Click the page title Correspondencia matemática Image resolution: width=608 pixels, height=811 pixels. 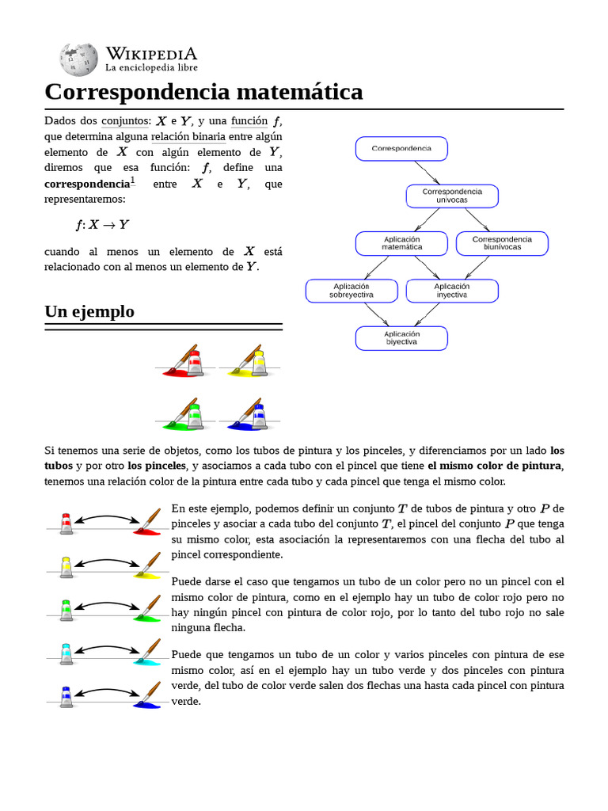(203, 92)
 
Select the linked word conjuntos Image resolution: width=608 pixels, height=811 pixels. (125, 121)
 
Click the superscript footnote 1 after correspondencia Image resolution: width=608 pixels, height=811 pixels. (133, 181)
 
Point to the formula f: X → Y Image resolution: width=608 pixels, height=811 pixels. (101, 225)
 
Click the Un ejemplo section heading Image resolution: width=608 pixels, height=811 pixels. (89, 311)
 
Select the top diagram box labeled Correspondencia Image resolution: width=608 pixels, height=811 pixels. (401, 148)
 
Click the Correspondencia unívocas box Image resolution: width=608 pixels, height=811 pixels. (452, 196)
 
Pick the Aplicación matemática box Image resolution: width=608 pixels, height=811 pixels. (401, 243)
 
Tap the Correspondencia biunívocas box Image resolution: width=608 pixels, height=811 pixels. (502, 243)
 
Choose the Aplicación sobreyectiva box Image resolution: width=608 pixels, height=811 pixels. (351, 291)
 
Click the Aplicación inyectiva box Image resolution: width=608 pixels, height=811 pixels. (452, 291)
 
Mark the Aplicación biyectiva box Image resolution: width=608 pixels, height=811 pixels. (401, 338)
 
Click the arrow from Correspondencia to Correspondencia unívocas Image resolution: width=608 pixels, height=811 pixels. (427, 173)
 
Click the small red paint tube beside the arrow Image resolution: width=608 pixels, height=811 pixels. (66, 522)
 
